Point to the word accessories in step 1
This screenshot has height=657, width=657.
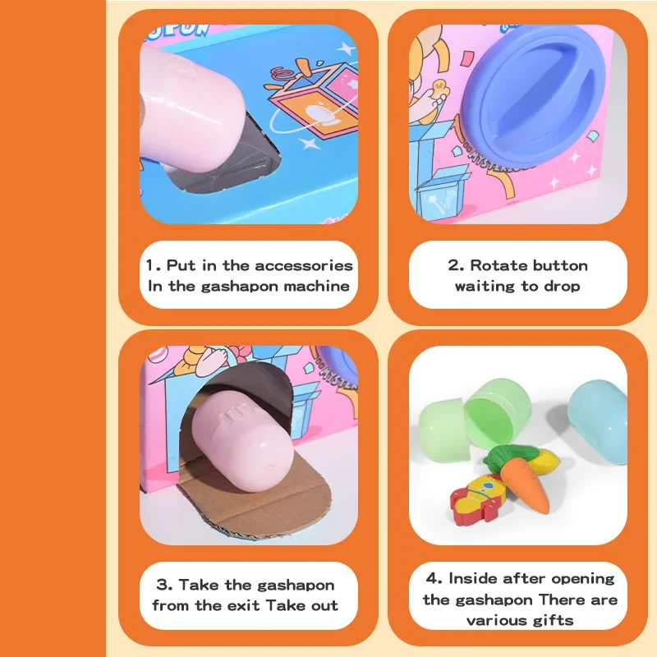[304, 265]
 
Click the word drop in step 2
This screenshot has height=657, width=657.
[562, 287]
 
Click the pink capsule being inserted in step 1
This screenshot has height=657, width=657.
[184, 109]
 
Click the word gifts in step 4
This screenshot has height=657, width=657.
[553, 620]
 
